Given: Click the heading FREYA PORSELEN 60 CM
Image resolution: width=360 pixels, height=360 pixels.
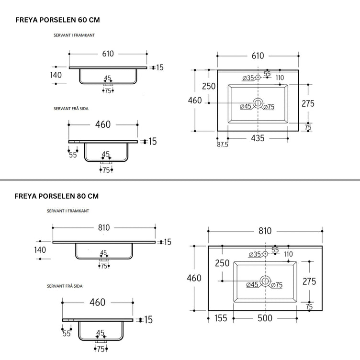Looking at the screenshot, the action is [57, 20].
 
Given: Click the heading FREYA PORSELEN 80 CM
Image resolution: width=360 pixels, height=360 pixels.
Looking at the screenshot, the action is [56, 196].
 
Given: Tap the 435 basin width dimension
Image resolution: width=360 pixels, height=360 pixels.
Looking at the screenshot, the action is [258, 138].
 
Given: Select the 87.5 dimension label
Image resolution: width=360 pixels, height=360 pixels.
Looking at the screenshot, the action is [223, 145].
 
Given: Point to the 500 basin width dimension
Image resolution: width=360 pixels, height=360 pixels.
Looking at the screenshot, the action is [265, 318].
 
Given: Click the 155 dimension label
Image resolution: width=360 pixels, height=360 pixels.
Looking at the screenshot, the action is [221, 318].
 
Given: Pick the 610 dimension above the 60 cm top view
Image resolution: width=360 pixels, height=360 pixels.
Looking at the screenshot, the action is [258, 56].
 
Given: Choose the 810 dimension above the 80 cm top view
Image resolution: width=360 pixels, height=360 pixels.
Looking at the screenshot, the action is [265, 231].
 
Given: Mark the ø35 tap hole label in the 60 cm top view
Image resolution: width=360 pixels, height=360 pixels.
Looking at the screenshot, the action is [248, 78].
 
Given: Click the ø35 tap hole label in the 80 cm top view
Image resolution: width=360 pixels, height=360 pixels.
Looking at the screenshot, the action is [255, 254].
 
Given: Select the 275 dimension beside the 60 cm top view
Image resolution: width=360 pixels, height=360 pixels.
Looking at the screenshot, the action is [308, 103].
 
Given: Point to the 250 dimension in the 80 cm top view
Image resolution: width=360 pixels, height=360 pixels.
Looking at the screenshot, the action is [222, 263].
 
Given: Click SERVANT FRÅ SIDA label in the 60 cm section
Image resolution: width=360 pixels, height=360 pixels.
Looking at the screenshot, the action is [71, 109].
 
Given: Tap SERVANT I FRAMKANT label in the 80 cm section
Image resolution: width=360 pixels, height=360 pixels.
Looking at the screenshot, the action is [67, 211].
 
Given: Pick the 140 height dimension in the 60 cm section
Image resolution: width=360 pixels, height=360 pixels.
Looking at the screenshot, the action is [56, 75].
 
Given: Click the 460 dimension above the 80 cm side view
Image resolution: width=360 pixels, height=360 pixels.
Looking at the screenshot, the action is [97, 303].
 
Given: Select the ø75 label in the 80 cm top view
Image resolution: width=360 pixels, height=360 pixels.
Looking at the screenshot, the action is [277, 285].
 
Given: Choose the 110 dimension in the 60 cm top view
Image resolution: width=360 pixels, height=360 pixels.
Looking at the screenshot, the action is [280, 78].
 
